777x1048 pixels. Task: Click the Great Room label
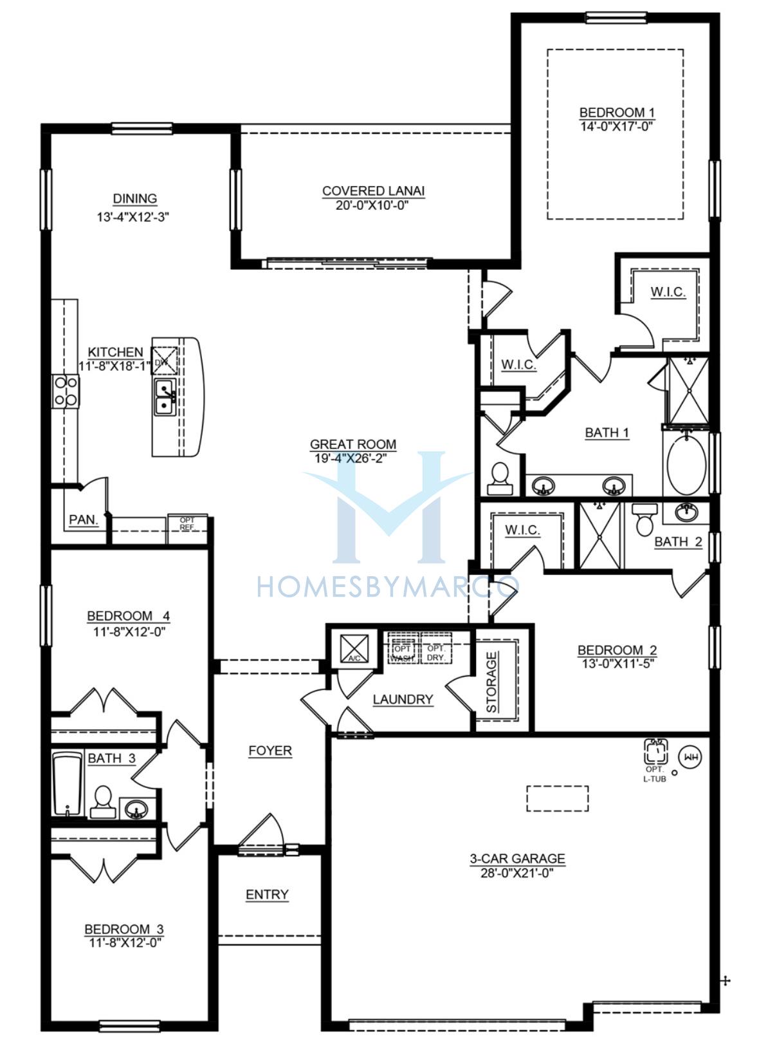(353, 444)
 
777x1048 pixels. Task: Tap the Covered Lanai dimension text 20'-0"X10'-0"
(372, 205)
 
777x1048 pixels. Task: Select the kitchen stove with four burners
(66, 391)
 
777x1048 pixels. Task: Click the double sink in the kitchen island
(165, 398)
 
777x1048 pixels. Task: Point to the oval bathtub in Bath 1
(686, 463)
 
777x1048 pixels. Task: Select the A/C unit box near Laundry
(354, 648)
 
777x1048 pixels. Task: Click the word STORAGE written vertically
(491, 682)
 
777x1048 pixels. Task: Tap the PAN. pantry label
(84, 519)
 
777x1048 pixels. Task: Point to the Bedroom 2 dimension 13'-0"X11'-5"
(617, 664)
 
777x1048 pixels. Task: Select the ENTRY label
(267, 894)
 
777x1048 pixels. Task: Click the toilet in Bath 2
(644, 519)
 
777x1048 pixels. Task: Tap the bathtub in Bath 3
(68, 784)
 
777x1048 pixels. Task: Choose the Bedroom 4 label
(129, 615)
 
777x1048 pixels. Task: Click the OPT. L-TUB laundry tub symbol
(656, 751)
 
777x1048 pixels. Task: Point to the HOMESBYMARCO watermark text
(387, 587)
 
